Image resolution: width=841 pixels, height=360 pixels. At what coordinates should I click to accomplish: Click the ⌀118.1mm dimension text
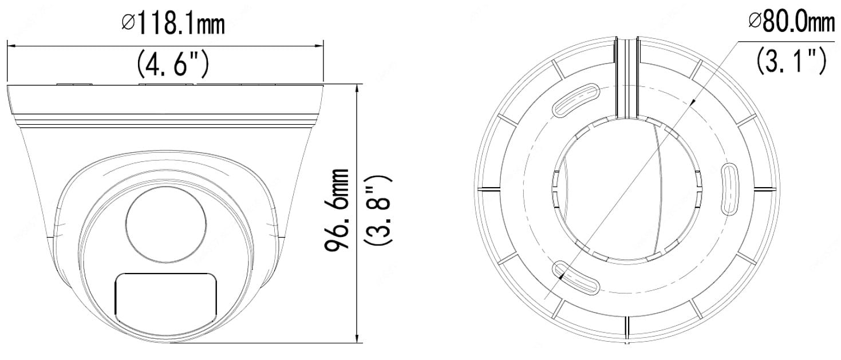pyautogui.click(x=173, y=25)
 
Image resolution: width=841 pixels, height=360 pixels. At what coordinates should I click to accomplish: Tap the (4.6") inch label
pyautogui.click(x=173, y=64)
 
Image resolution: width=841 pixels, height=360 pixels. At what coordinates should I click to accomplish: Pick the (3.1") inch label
pyautogui.click(x=792, y=61)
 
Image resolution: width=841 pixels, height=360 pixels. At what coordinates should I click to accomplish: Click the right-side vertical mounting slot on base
pyautogui.click(x=730, y=190)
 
